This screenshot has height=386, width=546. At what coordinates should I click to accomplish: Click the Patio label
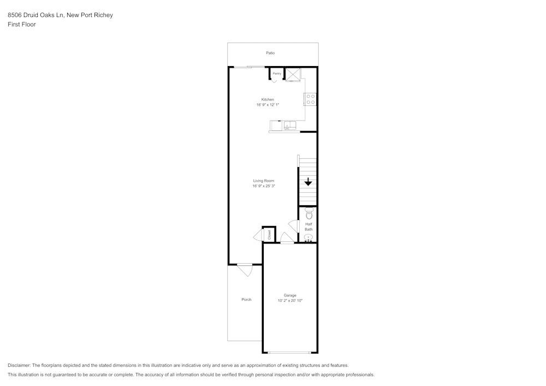tap(270, 53)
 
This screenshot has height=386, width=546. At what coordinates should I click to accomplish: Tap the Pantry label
tap(277, 73)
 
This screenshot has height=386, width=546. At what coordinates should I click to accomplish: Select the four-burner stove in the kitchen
tap(310, 99)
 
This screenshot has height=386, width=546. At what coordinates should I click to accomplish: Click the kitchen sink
tap(289, 127)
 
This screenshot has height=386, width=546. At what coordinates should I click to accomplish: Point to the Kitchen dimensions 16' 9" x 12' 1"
tap(268, 105)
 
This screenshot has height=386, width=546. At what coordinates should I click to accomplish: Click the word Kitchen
tap(268, 99)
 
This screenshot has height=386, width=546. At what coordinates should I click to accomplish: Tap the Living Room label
tap(263, 181)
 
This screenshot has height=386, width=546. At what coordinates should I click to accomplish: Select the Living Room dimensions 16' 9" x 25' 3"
tap(263, 186)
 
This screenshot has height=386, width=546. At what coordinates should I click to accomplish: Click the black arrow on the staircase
tap(308, 182)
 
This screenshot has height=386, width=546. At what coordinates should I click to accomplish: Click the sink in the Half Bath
tap(308, 237)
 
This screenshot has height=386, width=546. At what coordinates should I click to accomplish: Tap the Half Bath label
tap(308, 227)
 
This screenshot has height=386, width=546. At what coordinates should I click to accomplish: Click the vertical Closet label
tap(269, 235)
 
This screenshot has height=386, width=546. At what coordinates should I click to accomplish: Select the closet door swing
tap(258, 235)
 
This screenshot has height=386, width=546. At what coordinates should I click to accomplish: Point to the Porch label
tap(246, 300)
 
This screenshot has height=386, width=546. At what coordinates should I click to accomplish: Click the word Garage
tap(289, 295)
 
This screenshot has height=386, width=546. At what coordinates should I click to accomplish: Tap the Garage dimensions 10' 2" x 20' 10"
tap(289, 301)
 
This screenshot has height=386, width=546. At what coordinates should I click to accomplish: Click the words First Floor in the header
tap(22, 25)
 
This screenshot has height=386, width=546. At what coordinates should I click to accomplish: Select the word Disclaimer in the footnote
tap(19, 365)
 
